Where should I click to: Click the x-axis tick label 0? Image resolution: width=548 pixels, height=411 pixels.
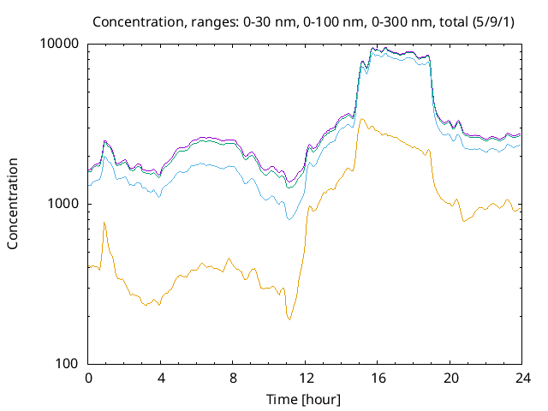(x=88, y=378)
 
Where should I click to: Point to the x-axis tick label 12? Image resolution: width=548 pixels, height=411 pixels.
(x=306, y=378)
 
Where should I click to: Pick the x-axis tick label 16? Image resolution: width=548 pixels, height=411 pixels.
(x=378, y=378)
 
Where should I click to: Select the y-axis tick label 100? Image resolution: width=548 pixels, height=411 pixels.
(x=68, y=364)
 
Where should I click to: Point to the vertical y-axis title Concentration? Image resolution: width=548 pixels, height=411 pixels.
(x=13, y=204)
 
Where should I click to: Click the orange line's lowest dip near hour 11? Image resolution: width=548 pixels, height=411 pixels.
(x=289, y=319)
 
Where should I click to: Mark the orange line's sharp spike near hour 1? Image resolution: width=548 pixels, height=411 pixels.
(x=104, y=223)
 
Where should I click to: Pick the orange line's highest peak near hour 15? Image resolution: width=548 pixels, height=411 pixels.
(x=363, y=119)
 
